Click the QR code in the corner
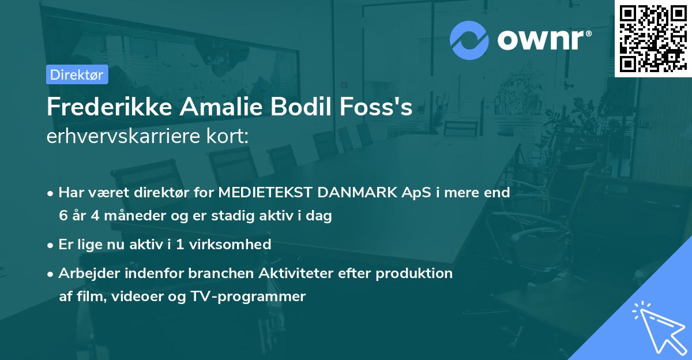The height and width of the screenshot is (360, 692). [x=653, y=38]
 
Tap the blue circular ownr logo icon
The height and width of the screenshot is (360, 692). [x=469, y=40]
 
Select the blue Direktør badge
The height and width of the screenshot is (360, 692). [x=77, y=74]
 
